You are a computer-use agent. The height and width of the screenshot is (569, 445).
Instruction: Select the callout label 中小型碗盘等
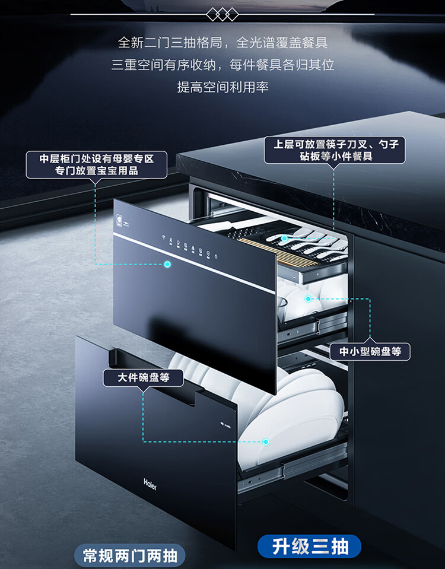(x=370, y=351)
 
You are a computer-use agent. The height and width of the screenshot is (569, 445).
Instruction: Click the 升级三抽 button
(x=309, y=545)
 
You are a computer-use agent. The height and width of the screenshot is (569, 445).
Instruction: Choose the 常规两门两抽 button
(x=130, y=556)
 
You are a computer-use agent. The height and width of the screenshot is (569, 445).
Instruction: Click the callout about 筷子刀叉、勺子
(x=335, y=151)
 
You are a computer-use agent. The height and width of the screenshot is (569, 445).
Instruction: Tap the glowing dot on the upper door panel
(x=167, y=264)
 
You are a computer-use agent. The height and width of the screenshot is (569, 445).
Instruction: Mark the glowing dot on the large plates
(x=266, y=441)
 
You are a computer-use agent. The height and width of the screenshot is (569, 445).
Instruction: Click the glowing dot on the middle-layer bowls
(x=308, y=298)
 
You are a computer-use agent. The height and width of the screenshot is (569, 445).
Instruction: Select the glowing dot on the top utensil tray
(x=285, y=239)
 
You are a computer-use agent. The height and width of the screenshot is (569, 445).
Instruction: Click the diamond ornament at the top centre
(x=222, y=14)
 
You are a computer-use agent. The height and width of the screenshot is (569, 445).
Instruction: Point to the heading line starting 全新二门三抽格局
(x=223, y=43)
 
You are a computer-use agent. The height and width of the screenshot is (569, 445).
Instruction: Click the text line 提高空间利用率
(x=223, y=87)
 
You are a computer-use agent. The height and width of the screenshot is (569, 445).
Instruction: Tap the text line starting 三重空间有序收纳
(x=223, y=65)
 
